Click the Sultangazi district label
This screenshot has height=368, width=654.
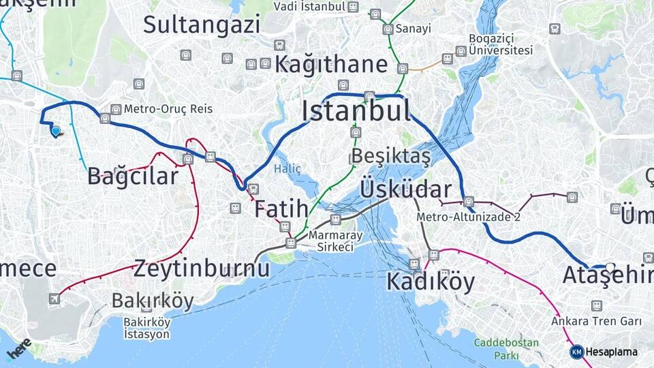[x=202, y=25]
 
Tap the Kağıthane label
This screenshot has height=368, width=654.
[x=331, y=65]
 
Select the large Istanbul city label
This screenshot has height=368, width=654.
[x=356, y=110]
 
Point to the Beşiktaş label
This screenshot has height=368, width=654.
[x=391, y=157]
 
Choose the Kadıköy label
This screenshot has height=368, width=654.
[x=431, y=281]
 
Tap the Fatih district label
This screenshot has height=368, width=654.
[x=281, y=209]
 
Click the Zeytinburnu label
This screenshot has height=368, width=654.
[x=202, y=268]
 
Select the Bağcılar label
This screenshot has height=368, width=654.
[x=133, y=176]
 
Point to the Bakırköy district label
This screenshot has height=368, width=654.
[x=153, y=301]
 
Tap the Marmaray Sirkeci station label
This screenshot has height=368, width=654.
[x=334, y=241]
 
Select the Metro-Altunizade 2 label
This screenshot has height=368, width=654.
[x=469, y=217]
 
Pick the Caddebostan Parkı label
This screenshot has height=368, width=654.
[x=506, y=349]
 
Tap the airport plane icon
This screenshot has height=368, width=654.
[x=54, y=298]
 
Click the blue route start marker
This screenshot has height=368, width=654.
[x=55, y=131]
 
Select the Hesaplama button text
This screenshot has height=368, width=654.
[x=612, y=352]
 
